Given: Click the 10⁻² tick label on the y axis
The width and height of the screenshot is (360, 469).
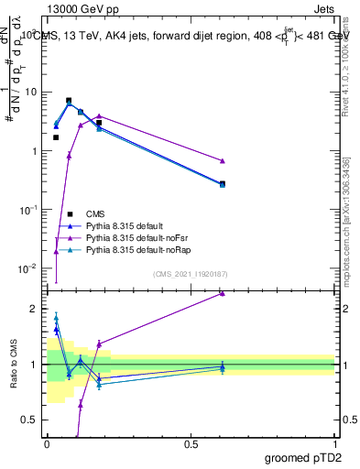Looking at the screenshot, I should [29, 268].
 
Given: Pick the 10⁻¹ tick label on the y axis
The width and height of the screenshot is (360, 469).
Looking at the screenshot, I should [29, 210].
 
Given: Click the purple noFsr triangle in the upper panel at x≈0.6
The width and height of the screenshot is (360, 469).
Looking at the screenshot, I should [223, 160].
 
